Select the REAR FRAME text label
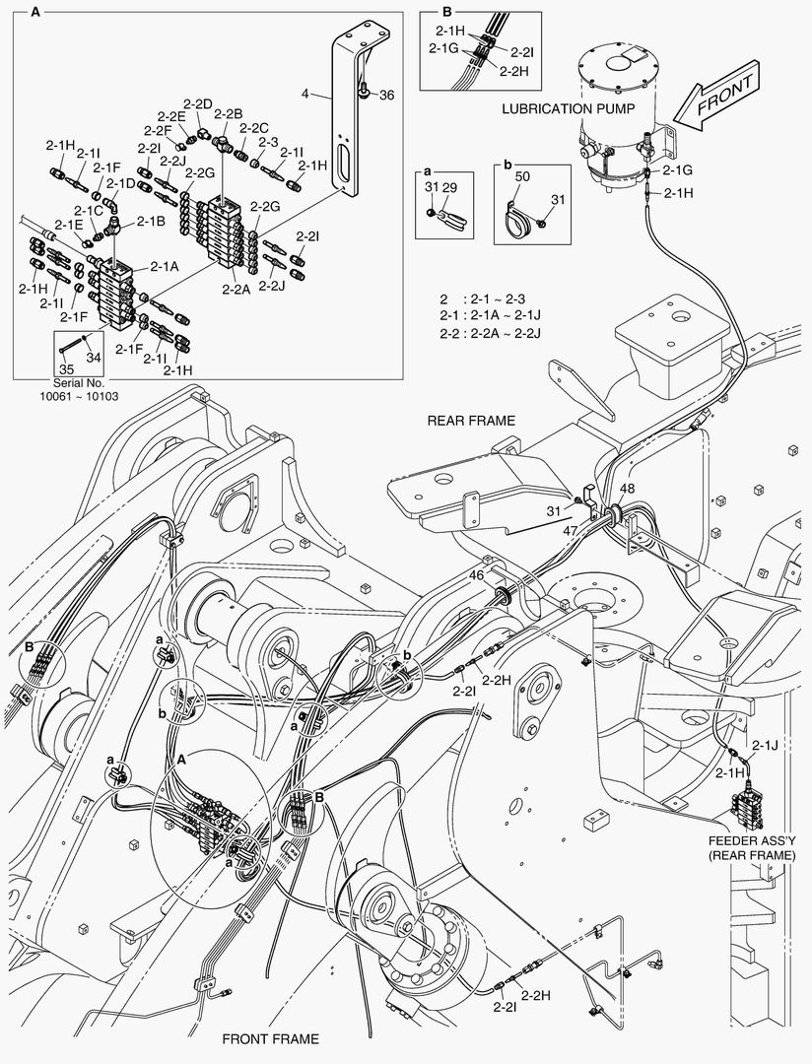coord(471,420)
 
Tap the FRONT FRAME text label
coord(270,1038)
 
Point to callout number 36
coord(386,95)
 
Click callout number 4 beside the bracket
coord(305,95)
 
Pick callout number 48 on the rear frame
coord(627,488)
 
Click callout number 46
coord(476,574)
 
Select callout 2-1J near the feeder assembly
coord(765,745)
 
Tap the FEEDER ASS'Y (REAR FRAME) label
coord(751,848)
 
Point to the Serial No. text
coord(78,382)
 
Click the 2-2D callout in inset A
coord(197,103)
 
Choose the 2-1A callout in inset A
coord(165,266)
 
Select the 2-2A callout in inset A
coord(236,290)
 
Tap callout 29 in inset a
coord(449,186)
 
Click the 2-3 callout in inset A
coord(268,142)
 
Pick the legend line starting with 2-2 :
coord(493,333)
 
